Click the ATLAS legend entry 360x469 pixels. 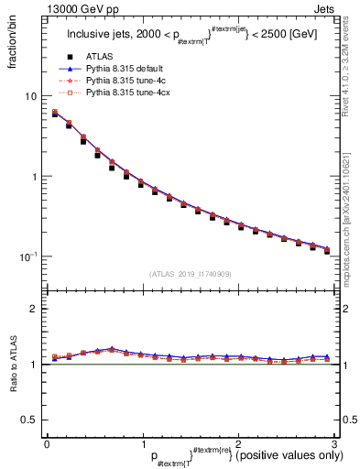(99, 56)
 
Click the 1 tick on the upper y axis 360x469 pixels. (33, 177)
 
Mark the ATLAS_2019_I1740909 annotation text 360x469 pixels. (190, 274)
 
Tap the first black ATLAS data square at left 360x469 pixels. (55, 115)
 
